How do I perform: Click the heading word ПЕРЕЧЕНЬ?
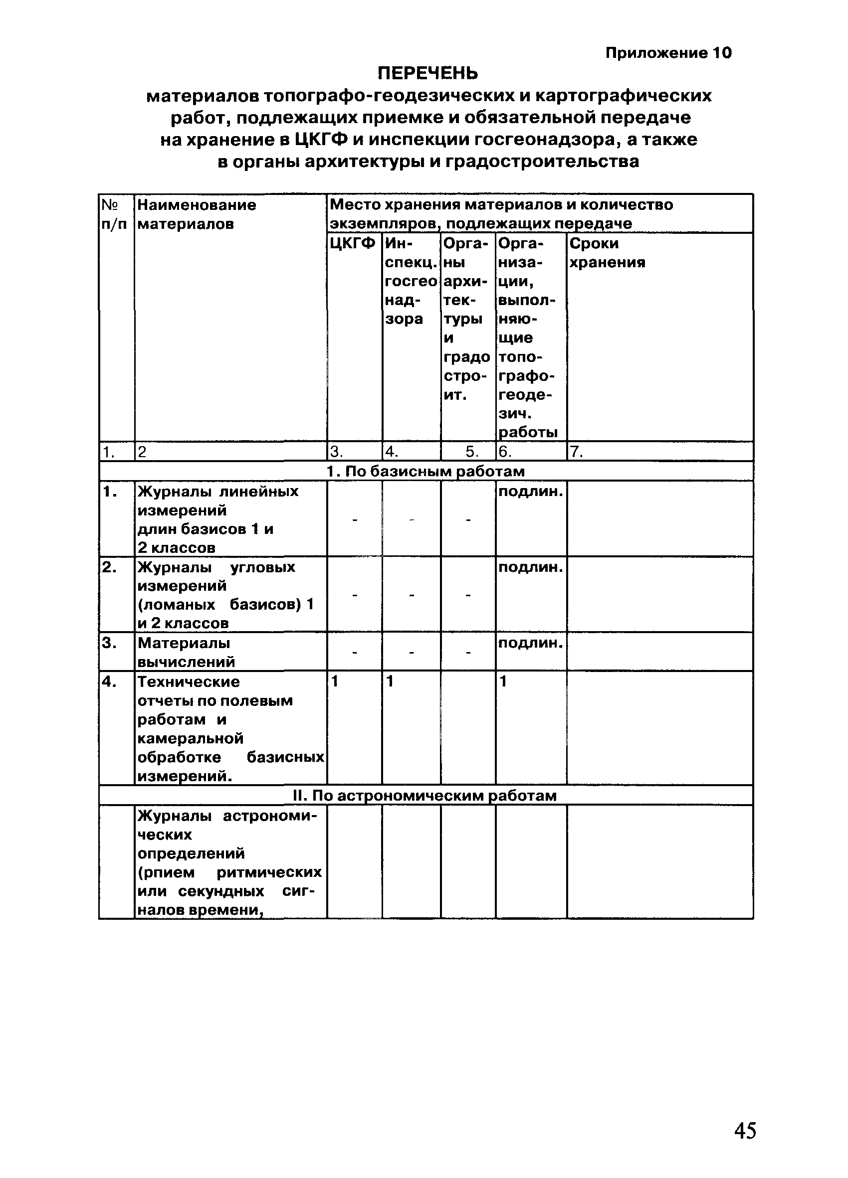coord(427,73)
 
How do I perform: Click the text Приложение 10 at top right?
coord(668,52)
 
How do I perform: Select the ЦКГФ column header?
coord(352,244)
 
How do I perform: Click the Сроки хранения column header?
coord(607,253)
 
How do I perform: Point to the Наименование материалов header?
coord(197,214)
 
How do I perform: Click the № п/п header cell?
coord(113,214)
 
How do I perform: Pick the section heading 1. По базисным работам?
coord(425,471)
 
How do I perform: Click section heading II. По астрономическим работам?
coord(424,796)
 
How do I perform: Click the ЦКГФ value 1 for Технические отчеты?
coord(335,681)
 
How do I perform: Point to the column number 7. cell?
coord(576,452)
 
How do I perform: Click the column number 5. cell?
coord(471,452)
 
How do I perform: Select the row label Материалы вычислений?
coord(186,653)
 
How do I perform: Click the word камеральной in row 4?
coord(190,738)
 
